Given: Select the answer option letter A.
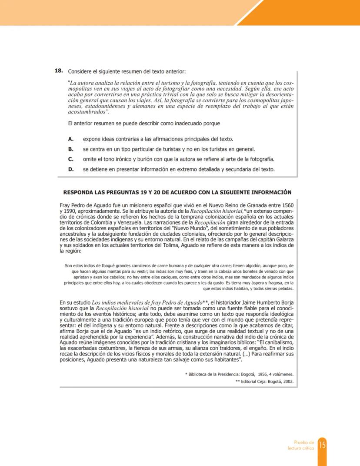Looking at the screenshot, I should click(70, 139).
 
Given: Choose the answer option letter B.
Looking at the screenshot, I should click(70, 149).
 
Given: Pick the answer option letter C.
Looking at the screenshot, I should click(70, 159).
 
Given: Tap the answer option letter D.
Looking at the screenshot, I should click(70, 169).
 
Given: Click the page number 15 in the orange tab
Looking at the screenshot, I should click(322, 445).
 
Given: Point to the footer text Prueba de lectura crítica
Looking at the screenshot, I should click(300, 445).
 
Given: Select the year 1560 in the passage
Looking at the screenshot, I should click(285, 205).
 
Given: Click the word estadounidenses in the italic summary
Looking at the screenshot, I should click(107, 106).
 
